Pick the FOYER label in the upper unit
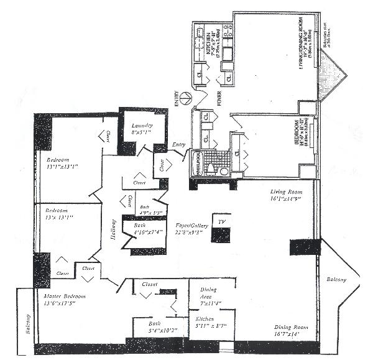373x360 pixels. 218,99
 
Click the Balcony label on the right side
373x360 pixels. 337,280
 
